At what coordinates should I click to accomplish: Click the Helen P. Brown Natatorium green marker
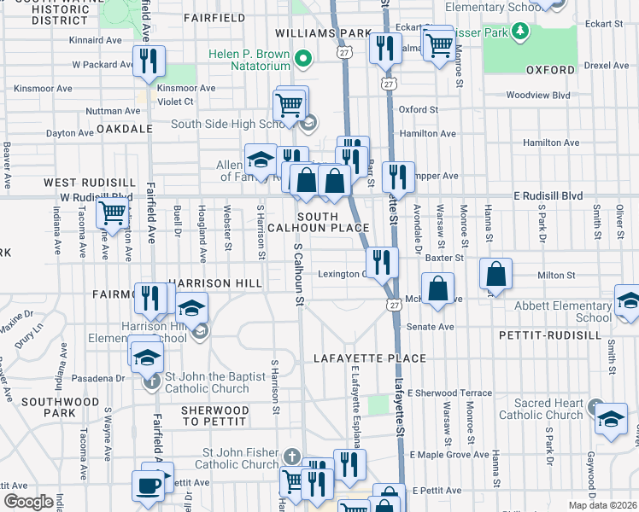tap(302, 59)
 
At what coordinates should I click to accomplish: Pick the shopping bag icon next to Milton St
tap(496, 275)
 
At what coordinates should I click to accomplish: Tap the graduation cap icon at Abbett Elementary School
tap(629, 301)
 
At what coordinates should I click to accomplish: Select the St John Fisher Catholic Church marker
tap(293, 457)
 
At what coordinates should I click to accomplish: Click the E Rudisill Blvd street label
tap(548, 195)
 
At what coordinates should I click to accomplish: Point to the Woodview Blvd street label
tap(537, 96)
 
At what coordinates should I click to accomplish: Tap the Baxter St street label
tap(445, 257)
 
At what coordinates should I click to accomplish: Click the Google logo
tap(28, 502)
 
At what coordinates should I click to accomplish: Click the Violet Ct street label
tap(175, 101)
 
